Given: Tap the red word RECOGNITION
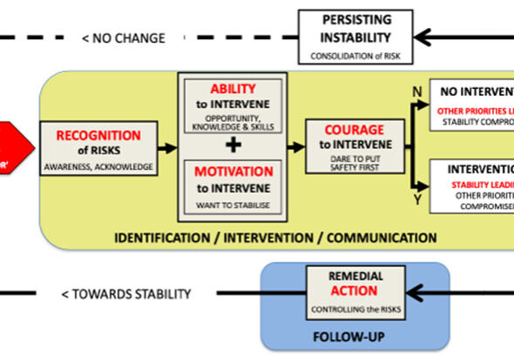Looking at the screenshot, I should click(98, 135).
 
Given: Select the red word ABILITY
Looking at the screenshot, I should click(233, 89).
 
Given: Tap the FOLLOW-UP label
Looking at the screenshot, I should click(354, 333).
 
